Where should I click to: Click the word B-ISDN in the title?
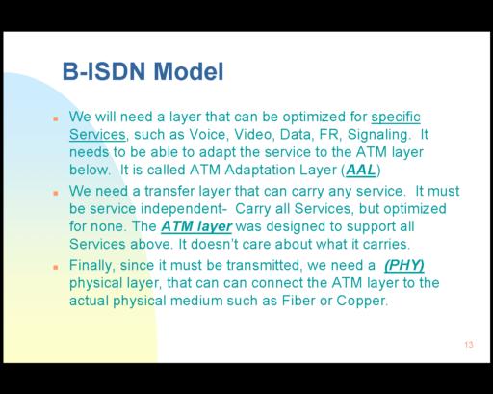pos(104,71)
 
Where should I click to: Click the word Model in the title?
pos(189,71)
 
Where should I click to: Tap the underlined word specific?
pos(396,118)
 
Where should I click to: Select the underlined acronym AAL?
pos(360,171)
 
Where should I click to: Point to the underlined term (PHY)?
pos(404,266)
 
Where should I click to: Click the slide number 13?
pos(469,345)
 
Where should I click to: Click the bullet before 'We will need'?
pos(56,118)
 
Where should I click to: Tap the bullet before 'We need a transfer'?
pos(56,193)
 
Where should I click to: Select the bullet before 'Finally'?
pos(56,267)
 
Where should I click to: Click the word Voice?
pos(209,135)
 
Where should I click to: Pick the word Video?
pos(254,135)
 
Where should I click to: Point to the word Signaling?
pos(379,135)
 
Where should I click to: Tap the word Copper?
pos(362,302)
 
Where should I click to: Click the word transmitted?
pos(264,266)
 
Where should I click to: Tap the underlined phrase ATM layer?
pos(196,226)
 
